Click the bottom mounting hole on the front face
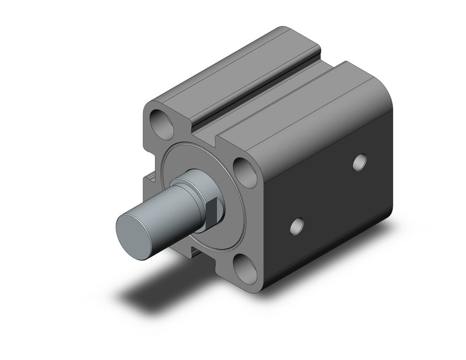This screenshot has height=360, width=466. [x=248, y=268]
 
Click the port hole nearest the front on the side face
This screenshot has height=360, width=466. [x=296, y=226]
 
